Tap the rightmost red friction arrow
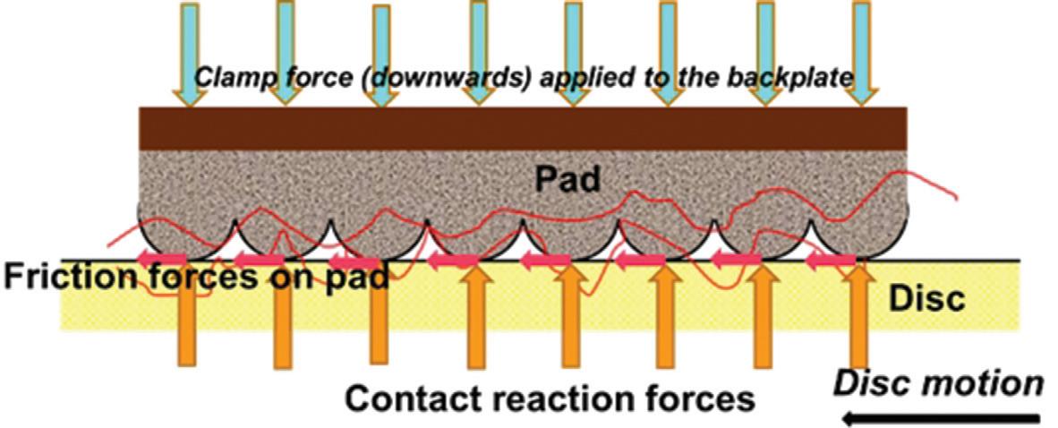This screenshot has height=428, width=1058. click(x=832, y=261)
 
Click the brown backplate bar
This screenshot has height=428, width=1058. click(x=524, y=129)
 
